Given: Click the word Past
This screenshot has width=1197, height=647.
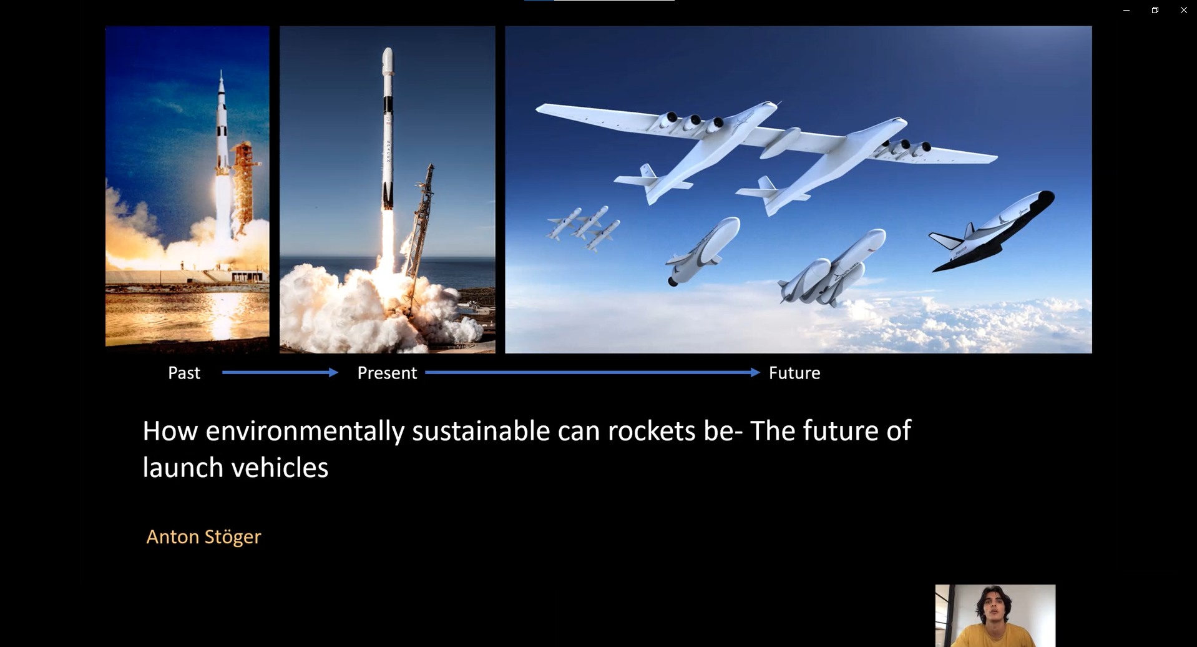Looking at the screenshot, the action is [184, 373].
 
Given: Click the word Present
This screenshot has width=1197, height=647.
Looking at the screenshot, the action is [387, 373].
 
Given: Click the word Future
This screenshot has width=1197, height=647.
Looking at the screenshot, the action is [794, 373].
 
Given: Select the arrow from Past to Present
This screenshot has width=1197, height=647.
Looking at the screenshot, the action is [280, 373].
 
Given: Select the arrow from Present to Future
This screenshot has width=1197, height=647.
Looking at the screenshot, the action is [593, 373].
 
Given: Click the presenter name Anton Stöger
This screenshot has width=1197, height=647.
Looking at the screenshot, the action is [203, 537].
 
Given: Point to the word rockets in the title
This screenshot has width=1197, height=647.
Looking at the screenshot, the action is [652, 431].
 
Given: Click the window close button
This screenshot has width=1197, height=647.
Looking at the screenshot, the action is [1183, 10].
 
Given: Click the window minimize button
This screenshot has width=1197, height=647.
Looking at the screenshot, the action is [1126, 10].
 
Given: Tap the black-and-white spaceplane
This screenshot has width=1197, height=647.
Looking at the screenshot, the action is [991, 231].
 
